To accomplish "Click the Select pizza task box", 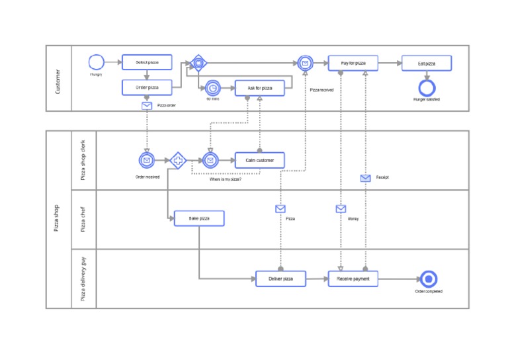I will (147, 62).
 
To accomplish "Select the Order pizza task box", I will (147, 87).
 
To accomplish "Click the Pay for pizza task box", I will (353, 64).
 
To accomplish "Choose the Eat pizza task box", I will (427, 64).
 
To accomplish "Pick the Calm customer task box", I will (260, 160).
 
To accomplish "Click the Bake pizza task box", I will (199, 218).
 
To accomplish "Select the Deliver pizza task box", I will (281, 279).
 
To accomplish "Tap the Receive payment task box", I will (353, 279).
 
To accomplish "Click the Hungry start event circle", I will (97, 63).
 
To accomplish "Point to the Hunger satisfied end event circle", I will (427, 87).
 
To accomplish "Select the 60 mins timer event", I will (212, 87).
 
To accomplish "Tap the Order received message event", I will (147, 160).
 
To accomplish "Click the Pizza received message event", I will (304, 64).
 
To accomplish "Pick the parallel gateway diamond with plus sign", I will (178, 160).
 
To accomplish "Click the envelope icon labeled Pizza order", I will (147, 106).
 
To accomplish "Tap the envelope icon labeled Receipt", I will (365, 178).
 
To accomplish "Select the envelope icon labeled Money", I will (341, 209).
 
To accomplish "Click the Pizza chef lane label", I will (83, 219).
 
